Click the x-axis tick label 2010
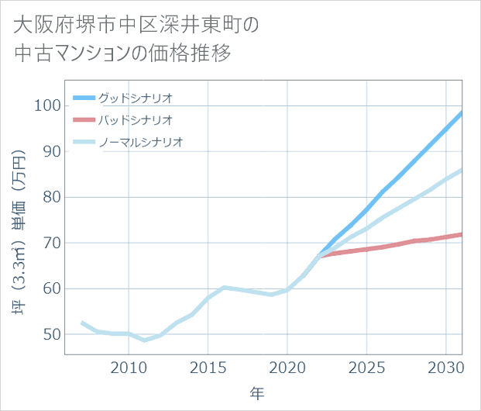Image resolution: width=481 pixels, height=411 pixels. coord(128,366)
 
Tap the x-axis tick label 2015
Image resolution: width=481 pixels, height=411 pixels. coord(208,366)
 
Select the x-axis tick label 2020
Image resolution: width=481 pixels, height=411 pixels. coord(287,366)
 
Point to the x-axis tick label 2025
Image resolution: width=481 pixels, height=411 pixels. coord(366,366)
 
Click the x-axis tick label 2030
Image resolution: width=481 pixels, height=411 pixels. coord(445,366)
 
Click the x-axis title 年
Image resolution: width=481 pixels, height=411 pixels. coord(257,393)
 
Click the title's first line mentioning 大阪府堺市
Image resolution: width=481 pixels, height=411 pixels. coord(135,25)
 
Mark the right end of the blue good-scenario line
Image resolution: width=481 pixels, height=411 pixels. coord(462,113)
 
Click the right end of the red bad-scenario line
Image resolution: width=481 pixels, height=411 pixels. coord(462,234)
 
